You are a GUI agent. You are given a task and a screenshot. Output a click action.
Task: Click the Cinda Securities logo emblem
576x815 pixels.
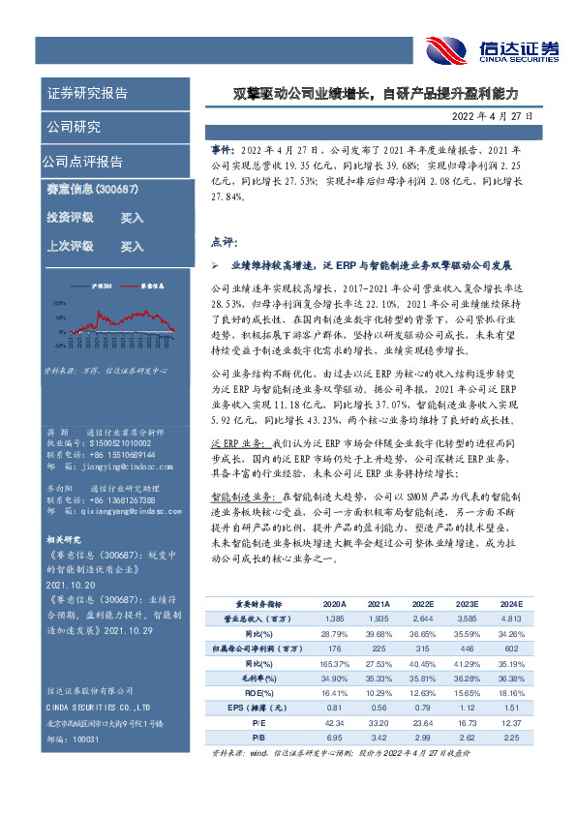coord(447,48)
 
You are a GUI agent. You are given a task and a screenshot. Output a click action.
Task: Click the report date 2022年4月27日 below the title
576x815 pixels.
coord(491,116)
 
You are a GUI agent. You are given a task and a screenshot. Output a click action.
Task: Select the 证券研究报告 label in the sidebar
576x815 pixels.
coord(87,94)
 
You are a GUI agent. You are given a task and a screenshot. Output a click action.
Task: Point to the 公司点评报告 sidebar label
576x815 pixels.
coord(82,161)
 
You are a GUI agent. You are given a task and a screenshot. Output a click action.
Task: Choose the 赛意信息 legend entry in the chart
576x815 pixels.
coord(154,287)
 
